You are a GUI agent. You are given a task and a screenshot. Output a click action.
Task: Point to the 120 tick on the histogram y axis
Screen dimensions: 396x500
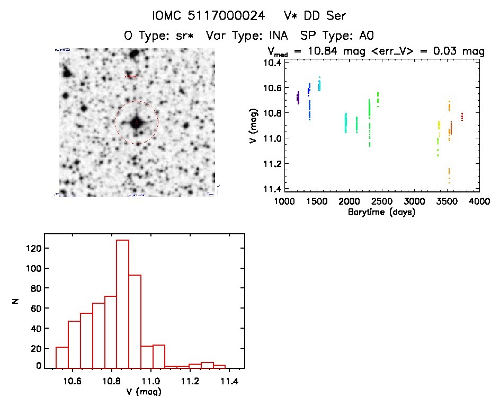tap(33, 248)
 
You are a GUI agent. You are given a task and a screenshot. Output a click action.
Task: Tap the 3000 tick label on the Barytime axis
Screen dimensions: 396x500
tap(414, 203)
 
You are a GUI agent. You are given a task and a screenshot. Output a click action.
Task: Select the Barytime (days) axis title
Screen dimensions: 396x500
tap(381, 212)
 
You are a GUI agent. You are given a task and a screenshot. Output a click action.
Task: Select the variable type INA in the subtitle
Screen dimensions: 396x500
tap(277, 36)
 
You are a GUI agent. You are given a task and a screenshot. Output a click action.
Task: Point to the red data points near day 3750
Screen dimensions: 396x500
tap(462, 117)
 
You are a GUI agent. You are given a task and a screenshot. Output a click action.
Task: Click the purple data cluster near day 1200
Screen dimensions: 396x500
tap(298, 98)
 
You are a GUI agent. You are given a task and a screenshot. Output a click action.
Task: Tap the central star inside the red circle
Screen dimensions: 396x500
tap(136, 123)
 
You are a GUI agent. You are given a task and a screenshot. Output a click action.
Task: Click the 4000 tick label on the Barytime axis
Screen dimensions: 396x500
tap(479, 203)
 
